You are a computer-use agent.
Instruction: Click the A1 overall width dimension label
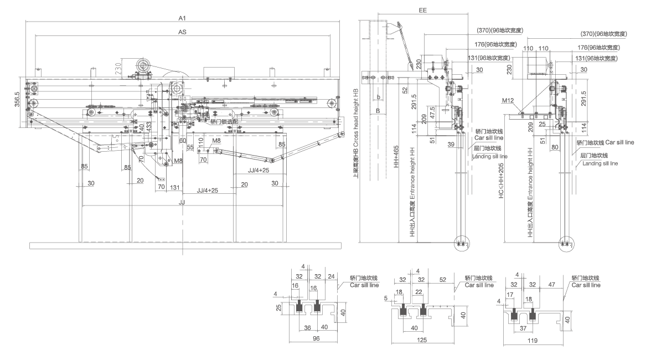point(182,18)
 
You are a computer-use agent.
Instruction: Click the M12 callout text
point(508,101)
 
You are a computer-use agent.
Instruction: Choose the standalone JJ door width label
point(182,203)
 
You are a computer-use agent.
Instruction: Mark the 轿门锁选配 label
point(224,121)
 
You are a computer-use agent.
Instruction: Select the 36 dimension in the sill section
point(307,327)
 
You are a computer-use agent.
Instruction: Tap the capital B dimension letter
point(378,111)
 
